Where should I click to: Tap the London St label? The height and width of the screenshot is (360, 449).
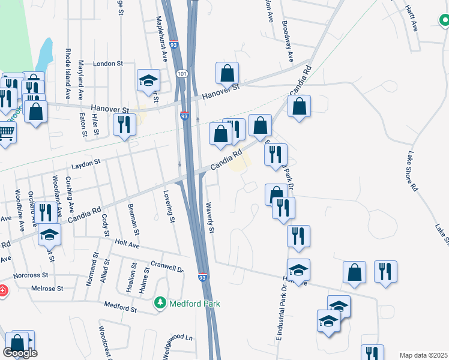(108, 63)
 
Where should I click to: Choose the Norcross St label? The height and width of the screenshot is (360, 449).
(31, 275)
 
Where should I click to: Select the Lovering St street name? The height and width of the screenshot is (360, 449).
(169, 207)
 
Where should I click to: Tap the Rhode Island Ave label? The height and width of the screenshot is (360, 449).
(68, 73)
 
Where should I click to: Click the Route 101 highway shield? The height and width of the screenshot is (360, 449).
(182, 73)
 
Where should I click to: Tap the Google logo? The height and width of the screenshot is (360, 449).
(20, 353)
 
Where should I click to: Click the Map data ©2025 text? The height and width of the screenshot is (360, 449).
(423, 355)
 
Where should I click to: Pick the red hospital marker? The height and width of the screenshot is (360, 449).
(2, 291)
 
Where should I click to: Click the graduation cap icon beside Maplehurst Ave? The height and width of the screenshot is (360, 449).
(148, 81)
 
